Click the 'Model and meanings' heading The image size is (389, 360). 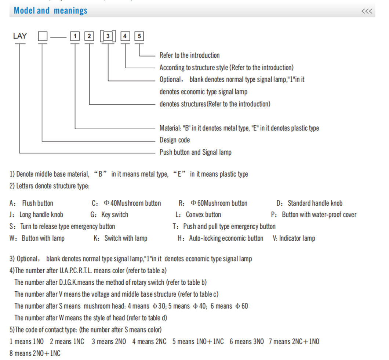tap(50, 11)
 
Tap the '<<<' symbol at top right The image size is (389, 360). tap(367, 11)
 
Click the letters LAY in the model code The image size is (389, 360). tap(20, 36)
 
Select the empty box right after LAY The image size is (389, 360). tap(43, 36)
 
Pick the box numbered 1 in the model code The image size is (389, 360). tap(75, 36)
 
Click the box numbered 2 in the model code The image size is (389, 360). tap(89, 36)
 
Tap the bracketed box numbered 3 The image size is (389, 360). tap(108, 36)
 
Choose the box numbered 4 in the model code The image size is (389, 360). tap(125, 36)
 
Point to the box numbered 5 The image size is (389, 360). tap(139, 36)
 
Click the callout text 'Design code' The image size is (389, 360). tap(175, 140)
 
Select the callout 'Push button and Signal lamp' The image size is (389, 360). tap(195, 152)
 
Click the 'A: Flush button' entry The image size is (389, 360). tap(31, 203)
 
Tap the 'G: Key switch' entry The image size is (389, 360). tap(109, 215)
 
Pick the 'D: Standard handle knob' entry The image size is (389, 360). tap(309, 203)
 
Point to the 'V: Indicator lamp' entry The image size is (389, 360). tap(294, 238)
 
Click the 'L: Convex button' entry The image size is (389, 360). tap(198, 215)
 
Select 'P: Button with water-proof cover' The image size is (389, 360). tap(313, 215)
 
